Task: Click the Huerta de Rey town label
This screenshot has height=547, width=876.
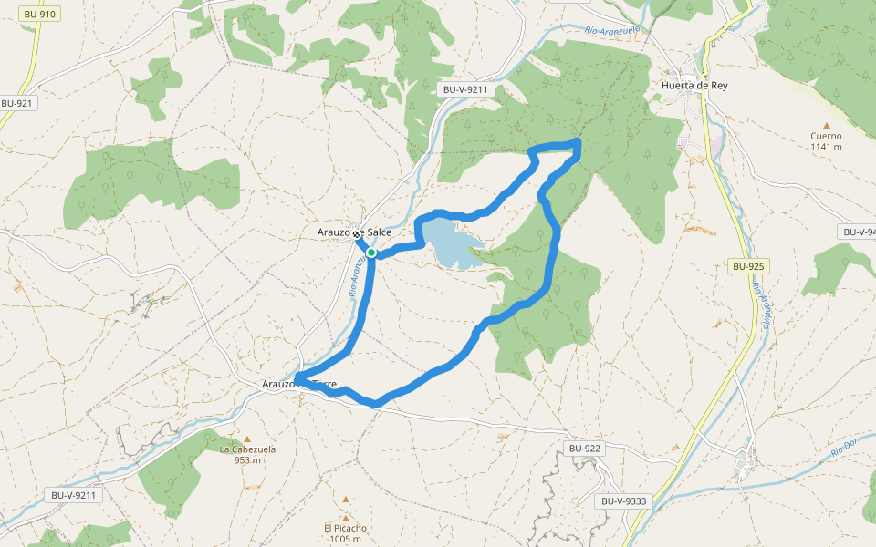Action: coord(694,86)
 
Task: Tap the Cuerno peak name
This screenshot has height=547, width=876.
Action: coord(826,136)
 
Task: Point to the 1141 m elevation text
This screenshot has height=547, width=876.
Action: coord(826,147)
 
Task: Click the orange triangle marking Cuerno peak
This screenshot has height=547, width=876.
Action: coord(827,126)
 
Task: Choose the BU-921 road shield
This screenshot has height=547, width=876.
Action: coord(16,104)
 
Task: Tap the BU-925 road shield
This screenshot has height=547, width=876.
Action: coord(747,267)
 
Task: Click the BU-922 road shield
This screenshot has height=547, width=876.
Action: coord(585,449)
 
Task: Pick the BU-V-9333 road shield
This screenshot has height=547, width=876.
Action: coord(624,501)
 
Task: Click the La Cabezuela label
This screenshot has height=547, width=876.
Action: coord(247,449)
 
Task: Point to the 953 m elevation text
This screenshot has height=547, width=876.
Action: coord(247,460)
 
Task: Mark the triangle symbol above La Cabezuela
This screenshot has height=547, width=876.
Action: coord(246,439)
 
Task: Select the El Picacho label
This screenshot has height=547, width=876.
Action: coord(345,528)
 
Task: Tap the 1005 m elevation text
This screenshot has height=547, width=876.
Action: coord(345,539)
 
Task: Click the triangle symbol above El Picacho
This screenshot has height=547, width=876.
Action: coord(346,500)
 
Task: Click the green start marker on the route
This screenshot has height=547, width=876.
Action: coord(371,253)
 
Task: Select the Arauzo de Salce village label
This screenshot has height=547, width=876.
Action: coord(354,232)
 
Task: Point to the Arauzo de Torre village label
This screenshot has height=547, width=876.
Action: coord(299,385)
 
